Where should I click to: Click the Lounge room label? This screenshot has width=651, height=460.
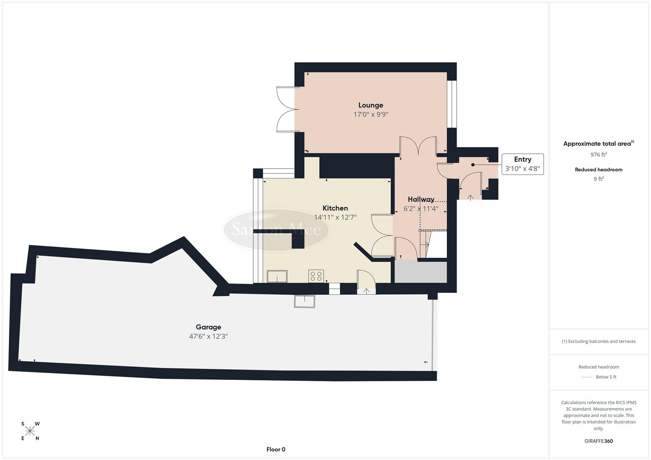coord(370,105)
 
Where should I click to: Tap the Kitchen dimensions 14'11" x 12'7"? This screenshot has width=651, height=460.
coord(335,217)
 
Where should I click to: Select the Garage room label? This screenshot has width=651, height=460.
coord(208,327)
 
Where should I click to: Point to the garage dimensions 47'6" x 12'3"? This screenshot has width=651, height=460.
coord(208,336)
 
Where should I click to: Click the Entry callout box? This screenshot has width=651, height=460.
coord(522,164)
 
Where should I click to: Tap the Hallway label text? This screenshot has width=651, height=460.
coord(421,199)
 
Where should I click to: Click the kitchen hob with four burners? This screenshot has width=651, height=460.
coord(316,276)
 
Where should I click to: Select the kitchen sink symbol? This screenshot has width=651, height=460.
coord(277,276)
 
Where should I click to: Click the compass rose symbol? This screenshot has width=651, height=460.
coord(30,431)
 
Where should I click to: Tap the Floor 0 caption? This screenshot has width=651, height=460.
coord(275,449)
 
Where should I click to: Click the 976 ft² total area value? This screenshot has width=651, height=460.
coord(598,155)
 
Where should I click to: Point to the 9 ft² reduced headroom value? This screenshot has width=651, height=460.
coord(598,179)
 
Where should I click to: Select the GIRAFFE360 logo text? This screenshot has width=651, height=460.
coord(598,441)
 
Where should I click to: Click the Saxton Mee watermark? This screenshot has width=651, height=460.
coord(276,230)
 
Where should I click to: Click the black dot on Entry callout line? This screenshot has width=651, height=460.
coord(473,165)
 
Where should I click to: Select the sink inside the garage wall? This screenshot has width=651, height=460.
coord(304,301)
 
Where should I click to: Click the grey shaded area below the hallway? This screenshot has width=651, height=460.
coord(420,272)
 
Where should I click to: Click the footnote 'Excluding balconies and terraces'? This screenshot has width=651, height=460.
coord(599,341)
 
